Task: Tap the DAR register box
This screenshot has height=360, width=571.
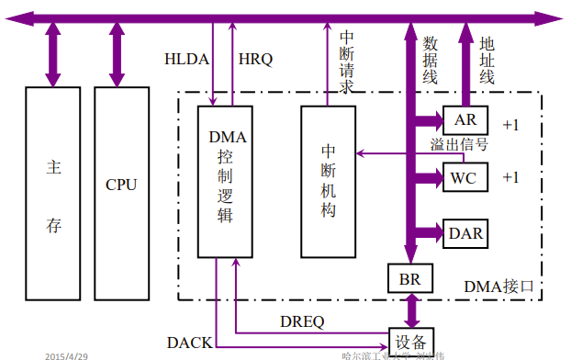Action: pyautogui.click(x=466, y=233)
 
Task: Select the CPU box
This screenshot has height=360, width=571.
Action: pyautogui.click(x=120, y=185)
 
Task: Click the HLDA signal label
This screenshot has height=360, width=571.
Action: pyautogui.click(x=186, y=60)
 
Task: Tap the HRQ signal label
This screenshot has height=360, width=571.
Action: pyautogui.click(x=255, y=60)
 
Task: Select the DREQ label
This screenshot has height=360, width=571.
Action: pyautogui.click(x=302, y=321)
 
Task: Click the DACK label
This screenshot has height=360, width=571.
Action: pyautogui.click(x=189, y=343)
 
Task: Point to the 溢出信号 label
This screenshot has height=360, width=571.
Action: pyautogui.click(x=459, y=145)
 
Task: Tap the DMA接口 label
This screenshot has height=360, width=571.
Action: pyautogui.click(x=493, y=287)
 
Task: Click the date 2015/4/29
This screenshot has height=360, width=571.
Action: pyautogui.click(x=65, y=354)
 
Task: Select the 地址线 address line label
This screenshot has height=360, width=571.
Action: pyautogui.click(x=487, y=60)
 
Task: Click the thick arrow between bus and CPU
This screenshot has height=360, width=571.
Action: pyautogui.click(x=117, y=54)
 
